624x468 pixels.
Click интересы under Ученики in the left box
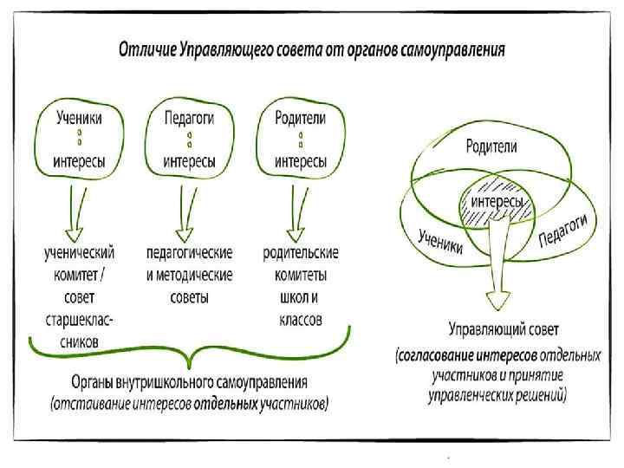click(x=80, y=160)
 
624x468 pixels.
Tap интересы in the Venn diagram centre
click(x=496, y=202)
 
